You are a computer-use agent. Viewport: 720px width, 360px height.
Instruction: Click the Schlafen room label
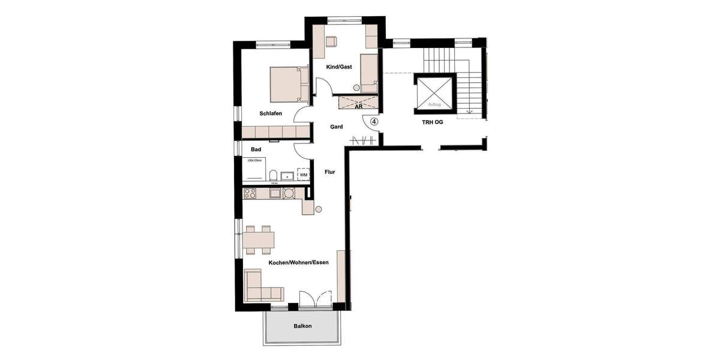[271, 113]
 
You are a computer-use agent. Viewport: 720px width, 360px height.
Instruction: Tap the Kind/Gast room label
[339, 67]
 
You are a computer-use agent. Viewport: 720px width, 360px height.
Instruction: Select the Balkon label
[302, 326]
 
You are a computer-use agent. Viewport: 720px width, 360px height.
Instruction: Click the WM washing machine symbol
[304, 175]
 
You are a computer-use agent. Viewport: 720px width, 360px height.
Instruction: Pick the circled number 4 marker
[374, 121]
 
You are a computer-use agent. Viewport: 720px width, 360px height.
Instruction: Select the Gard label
[337, 127]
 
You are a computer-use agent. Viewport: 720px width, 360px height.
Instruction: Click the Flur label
[330, 172]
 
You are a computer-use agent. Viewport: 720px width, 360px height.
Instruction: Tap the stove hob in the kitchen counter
[250, 193]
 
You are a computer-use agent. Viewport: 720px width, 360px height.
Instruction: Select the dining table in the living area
[259, 239]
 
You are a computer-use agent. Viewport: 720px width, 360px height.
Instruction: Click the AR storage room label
[358, 107]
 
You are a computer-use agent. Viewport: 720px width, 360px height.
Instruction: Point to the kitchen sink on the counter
[274, 193]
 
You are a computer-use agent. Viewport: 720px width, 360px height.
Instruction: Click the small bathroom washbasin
[289, 176]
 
